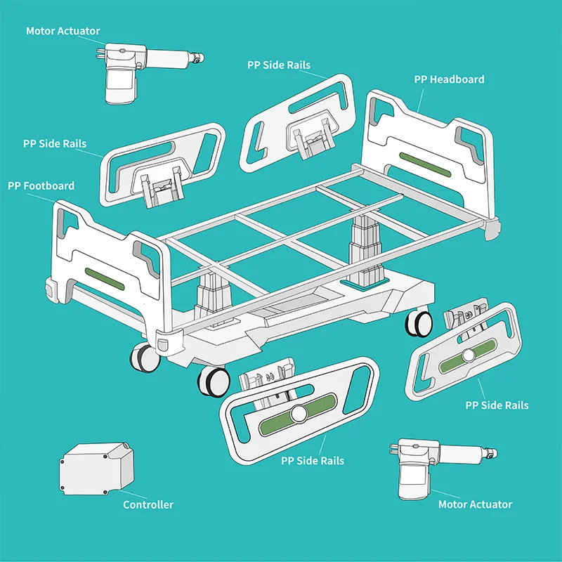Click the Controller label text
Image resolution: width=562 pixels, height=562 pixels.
tap(148, 504)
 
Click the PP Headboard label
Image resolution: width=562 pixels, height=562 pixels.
tap(449, 79)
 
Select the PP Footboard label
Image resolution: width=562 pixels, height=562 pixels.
tap(41, 186)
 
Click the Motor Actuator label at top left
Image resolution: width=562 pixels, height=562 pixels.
tap(63, 31)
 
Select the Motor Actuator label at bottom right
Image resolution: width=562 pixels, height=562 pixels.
tap(475, 504)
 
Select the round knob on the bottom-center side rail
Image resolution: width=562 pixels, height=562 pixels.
tap(299, 414)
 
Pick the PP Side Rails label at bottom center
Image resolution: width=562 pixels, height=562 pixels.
tap(313, 461)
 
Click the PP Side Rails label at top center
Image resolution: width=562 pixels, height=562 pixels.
tap(278, 65)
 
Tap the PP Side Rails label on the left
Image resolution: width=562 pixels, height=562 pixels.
tap(55, 143)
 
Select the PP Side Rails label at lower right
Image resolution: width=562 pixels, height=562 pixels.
tap(497, 405)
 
